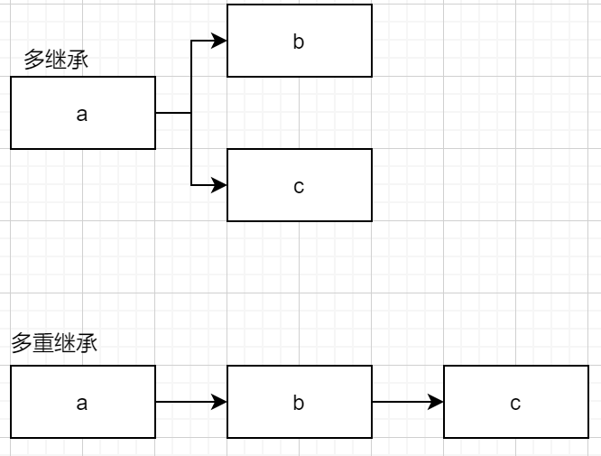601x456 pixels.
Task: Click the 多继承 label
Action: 56,60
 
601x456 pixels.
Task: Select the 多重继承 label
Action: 53,343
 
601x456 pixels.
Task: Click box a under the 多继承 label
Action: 83,113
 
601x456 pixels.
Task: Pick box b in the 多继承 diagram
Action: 299,41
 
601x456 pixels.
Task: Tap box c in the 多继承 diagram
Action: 299,185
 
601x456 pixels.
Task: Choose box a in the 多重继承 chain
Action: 83,402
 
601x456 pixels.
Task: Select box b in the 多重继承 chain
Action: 299,402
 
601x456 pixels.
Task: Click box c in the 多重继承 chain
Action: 515,402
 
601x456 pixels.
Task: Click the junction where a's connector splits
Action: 191,113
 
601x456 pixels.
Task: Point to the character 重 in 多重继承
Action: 42,343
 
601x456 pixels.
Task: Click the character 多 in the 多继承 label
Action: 34,60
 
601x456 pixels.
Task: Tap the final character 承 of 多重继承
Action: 87,343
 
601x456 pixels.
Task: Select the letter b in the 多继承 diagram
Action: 299,42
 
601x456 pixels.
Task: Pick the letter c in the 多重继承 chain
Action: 515,403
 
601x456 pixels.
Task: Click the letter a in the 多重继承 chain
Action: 82,403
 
